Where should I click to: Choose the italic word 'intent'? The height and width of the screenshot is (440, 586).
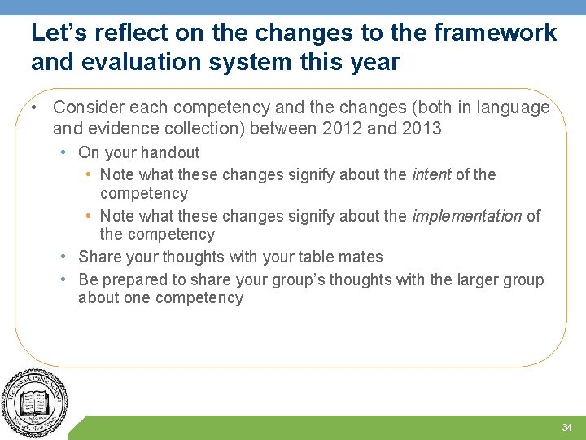click(x=431, y=174)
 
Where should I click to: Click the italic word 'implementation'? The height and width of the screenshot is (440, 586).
click(x=466, y=216)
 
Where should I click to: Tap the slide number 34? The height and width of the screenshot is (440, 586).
click(x=566, y=428)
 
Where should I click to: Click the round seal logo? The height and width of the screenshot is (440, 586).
click(x=34, y=404)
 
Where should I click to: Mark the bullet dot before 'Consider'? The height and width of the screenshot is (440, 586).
click(x=38, y=108)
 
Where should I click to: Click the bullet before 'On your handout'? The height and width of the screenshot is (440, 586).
click(x=63, y=152)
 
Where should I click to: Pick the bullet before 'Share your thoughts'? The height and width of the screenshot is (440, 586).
click(x=63, y=257)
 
